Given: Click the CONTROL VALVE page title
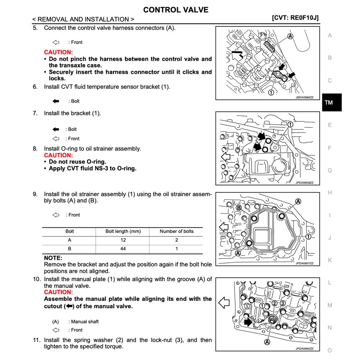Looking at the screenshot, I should pos(176,10).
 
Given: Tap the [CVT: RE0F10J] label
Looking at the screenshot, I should pos(295,18).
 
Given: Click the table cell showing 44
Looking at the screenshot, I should pos(123,249).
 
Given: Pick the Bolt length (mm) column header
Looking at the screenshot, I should pos(123,231).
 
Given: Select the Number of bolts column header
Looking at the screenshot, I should pos(176,231).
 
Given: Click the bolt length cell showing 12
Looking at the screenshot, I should pos(123,240).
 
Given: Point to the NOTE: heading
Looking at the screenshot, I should pos(53,258).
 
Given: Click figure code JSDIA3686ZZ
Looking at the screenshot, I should pos(304,97).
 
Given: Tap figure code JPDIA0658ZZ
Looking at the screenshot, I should pos(304,183).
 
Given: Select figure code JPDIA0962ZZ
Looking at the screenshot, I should pos(304,349).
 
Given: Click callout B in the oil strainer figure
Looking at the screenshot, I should pos(239,208).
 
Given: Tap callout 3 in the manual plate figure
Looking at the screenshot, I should pos(282,303).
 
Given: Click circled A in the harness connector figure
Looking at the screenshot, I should pos(290,36).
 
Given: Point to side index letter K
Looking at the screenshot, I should pos(329,260).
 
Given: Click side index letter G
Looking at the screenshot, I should pos(329,170).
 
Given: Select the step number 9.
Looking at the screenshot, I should pos(35,194).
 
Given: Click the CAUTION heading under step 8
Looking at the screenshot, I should pos(58,155).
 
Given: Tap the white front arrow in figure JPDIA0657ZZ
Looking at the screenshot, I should pos(224,227).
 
